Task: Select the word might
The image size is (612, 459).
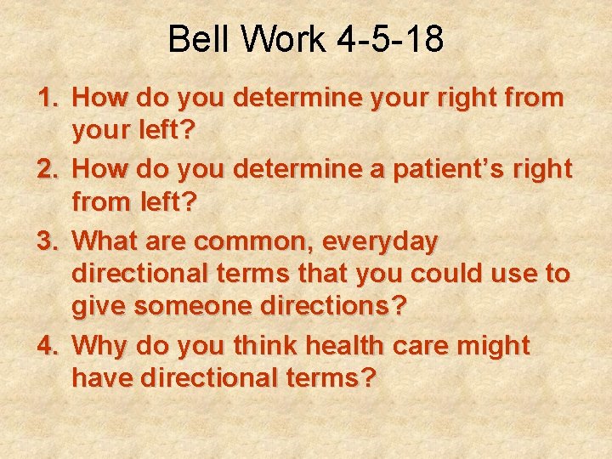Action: pos(494,346)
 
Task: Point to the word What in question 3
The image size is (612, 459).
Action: pos(106,242)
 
